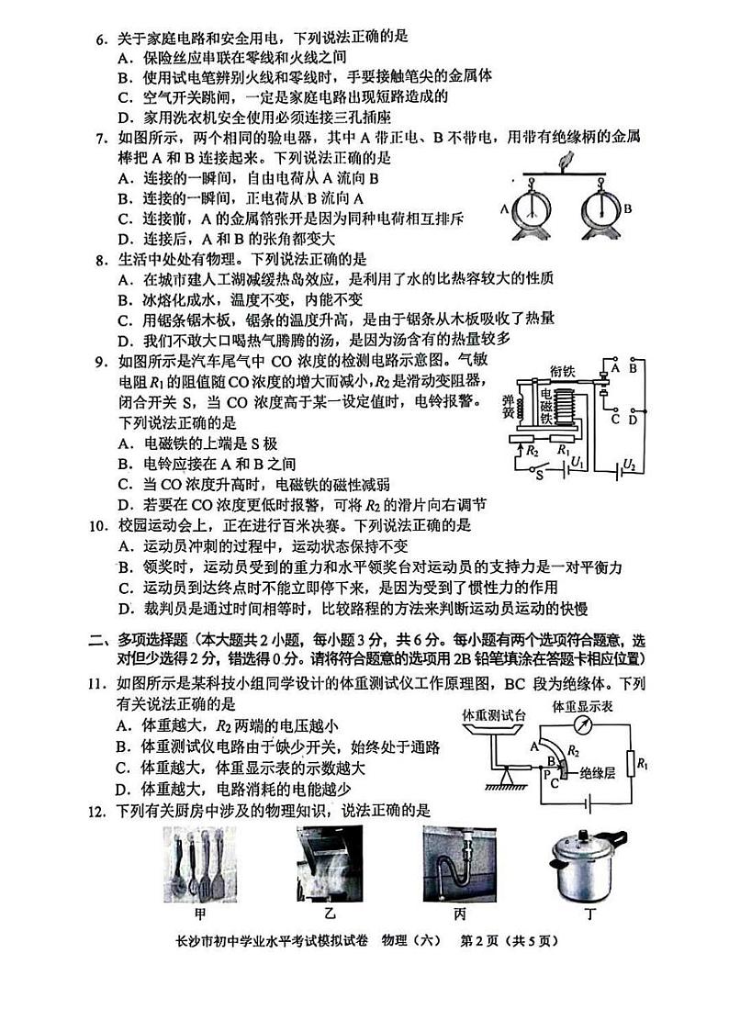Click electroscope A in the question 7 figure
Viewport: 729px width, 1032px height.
click(531, 209)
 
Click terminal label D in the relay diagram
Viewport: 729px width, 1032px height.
click(633, 420)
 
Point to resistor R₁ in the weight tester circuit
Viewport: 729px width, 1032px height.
click(633, 762)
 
